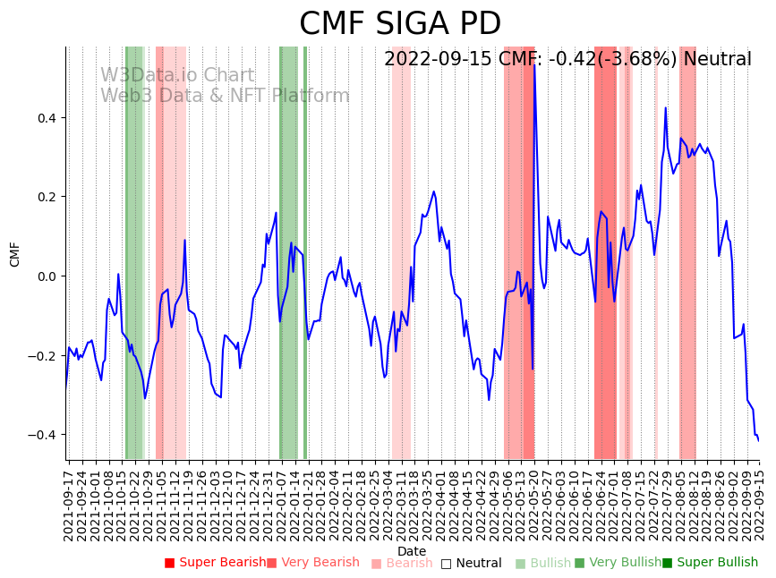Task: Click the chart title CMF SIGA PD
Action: tap(399, 24)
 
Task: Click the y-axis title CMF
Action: tap(15, 253)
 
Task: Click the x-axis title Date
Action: tap(412, 551)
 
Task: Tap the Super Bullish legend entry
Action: tap(710, 563)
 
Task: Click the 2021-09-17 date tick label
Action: tap(68, 501)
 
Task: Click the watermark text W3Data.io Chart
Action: tap(177, 76)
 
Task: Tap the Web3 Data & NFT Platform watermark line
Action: tap(225, 96)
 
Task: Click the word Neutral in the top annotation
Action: tap(718, 59)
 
